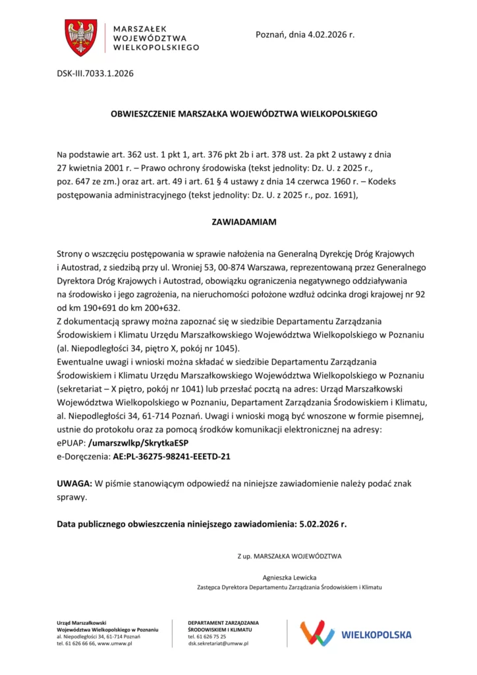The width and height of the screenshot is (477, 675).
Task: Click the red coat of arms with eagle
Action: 81,38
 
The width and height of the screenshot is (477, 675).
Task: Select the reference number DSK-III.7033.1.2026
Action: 95,73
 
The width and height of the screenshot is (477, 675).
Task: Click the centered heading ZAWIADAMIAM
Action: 244,222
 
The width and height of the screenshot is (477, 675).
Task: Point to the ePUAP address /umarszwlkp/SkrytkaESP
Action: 138,442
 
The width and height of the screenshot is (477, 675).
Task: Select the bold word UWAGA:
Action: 74,484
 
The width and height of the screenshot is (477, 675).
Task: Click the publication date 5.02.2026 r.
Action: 323,524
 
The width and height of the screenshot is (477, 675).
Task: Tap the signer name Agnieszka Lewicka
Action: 289,577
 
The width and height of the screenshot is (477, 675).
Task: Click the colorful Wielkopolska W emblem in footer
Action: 317,633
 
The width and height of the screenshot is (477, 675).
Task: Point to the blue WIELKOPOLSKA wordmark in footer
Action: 376,635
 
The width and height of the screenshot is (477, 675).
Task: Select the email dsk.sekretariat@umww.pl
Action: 218,643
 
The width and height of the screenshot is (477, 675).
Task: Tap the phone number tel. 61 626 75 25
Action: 207,636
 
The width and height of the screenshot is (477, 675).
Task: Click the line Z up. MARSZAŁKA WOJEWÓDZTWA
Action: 289,556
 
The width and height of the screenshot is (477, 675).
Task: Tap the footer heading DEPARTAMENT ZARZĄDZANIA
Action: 223,622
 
